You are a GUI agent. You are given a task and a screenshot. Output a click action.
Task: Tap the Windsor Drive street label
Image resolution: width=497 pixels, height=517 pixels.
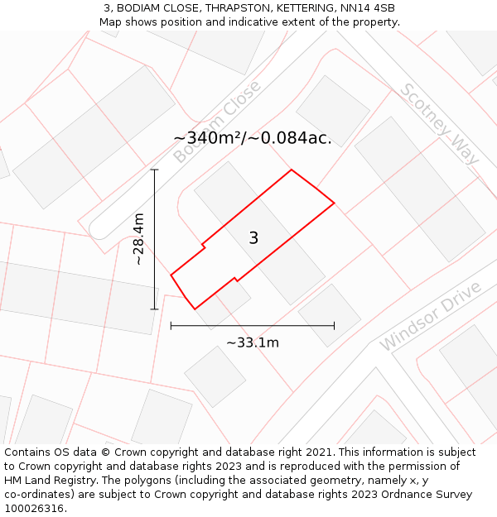click(x=431, y=316)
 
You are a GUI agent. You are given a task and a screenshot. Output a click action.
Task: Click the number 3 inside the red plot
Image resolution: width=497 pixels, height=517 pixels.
click(x=253, y=238)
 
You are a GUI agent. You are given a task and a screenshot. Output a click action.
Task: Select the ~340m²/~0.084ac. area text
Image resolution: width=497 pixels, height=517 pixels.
click(x=253, y=138)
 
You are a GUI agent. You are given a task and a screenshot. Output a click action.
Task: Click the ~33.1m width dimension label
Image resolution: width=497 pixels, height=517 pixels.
click(x=253, y=342)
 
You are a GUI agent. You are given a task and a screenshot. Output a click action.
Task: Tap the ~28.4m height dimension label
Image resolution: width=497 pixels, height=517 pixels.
click(x=139, y=239)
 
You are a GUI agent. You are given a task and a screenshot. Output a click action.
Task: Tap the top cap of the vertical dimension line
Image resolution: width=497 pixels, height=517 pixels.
click(x=154, y=170)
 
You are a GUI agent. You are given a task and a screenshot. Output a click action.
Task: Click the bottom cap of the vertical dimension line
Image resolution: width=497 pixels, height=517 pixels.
click(x=154, y=309)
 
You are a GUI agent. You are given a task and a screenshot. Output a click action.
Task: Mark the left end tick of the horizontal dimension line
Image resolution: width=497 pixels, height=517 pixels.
click(x=171, y=326)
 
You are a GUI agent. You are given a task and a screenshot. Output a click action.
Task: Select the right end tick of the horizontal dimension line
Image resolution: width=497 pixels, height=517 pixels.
click(x=335, y=326)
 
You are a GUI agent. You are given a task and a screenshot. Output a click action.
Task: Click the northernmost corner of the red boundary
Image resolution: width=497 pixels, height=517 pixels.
click(x=291, y=170)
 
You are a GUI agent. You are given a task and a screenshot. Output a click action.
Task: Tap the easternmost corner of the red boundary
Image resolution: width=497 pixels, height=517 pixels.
click(x=335, y=202)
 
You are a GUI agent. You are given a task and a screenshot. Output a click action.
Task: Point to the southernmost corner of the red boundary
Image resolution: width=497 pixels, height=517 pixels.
click(x=195, y=309)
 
